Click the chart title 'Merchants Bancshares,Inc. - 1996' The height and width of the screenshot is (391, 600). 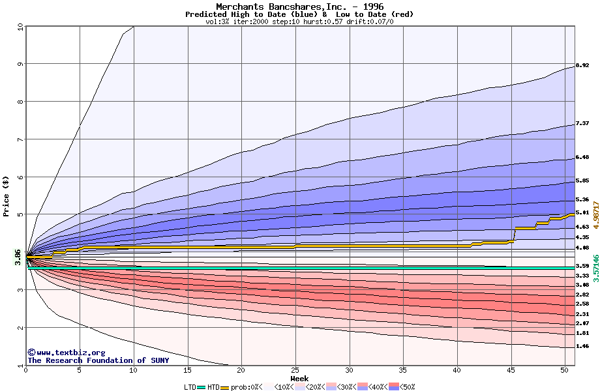299,7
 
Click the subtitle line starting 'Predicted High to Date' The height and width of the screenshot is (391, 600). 299,14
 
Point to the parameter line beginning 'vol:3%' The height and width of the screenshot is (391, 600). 299,22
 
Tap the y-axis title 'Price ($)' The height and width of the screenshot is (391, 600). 7,195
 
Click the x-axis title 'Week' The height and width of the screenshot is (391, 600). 299,378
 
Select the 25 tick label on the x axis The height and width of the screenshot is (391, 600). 295,370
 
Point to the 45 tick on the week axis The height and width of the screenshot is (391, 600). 511,370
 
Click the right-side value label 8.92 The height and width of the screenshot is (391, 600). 582,66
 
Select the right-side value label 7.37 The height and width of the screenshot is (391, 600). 582,123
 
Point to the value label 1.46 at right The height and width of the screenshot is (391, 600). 582,347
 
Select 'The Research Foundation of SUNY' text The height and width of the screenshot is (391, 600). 98,360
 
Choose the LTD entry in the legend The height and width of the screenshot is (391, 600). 189,387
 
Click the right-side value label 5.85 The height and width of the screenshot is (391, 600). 582,181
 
